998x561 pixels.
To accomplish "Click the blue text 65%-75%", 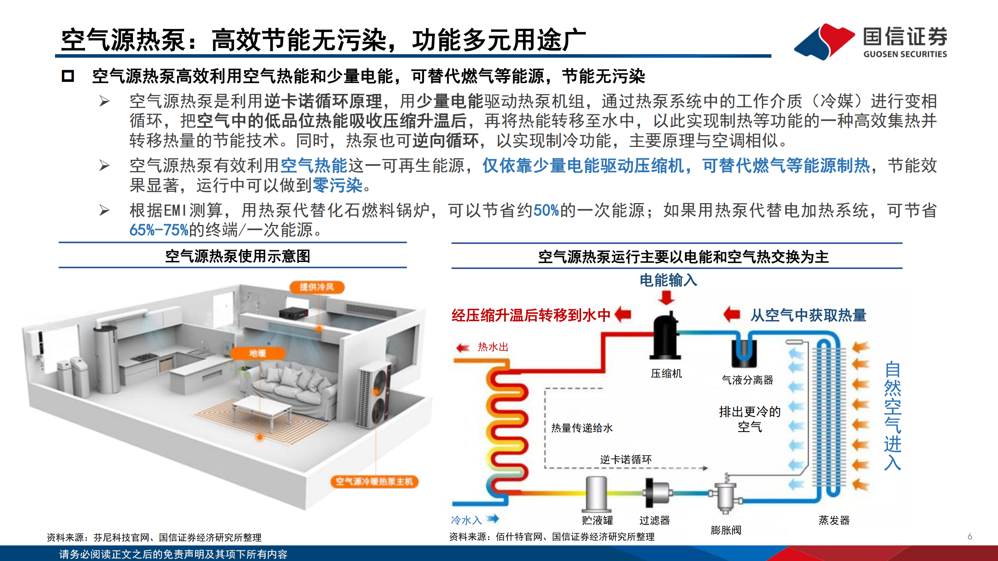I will (x=159, y=230).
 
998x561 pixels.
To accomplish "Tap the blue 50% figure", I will (x=546, y=211).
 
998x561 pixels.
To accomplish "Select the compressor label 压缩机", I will (x=666, y=373).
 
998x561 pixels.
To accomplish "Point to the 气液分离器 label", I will (x=747, y=380).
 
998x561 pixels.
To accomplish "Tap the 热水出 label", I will (x=493, y=347).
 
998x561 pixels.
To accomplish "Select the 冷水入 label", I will (x=466, y=520).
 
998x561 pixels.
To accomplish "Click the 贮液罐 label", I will (x=597, y=520).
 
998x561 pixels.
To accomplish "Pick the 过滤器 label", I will (x=654, y=520).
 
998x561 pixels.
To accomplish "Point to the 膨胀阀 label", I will (x=726, y=530).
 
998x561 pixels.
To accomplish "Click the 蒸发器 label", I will (x=834, y=520).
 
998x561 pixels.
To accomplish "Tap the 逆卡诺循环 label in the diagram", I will (x=626, y=459).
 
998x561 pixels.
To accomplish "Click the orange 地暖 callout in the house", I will (x=257, y=353).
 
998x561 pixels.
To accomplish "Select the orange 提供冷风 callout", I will (x=317, y=287).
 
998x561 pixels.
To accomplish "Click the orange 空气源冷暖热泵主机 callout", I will (x=374, y=481).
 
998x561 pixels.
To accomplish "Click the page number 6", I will (x=970, y=536).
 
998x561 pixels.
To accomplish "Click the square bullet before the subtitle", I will (x=68, y=76).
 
